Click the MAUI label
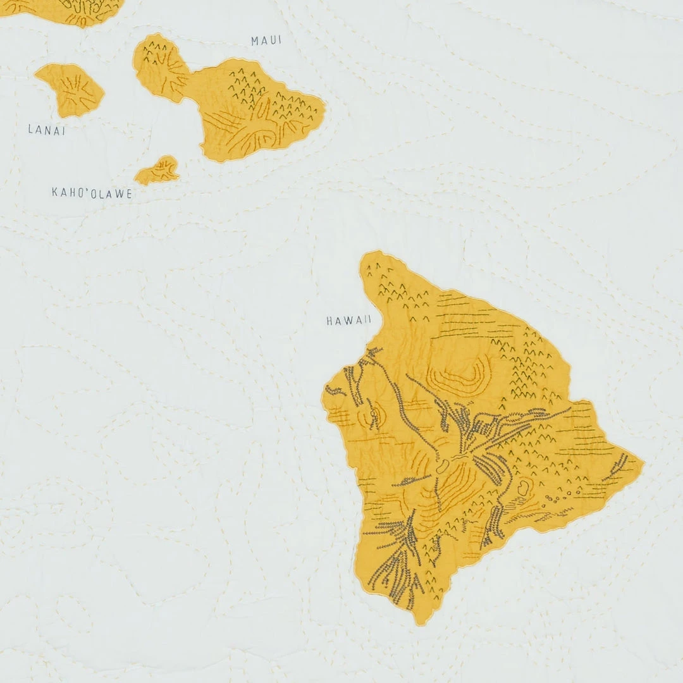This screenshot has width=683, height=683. pos(266,41)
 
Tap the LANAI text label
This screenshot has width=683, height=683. pos(47,130)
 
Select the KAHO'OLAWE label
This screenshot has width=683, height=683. pos(92,194)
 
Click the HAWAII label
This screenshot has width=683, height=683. pos(348,321)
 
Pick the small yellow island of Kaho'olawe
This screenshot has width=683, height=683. pos(157,171)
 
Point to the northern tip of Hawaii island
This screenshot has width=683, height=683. pos(371,255)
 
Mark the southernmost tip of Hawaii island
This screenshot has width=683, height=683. pos(418,622)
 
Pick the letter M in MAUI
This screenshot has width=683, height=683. pos(255,41)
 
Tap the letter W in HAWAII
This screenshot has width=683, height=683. pos(349,321)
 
